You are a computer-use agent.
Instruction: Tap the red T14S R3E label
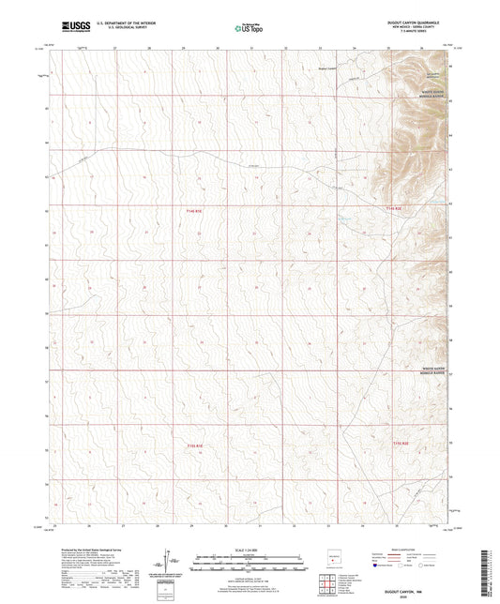[399, 208]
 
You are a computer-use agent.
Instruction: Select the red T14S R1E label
[194, 211]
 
